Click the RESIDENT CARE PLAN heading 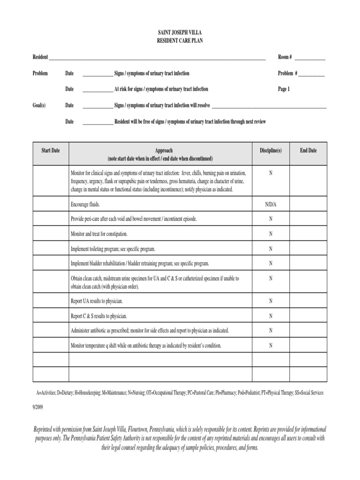[180, 41]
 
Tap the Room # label [285, 57]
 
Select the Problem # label [288, 74]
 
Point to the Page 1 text [284, 89]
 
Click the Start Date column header [51, 150]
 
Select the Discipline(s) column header [270, 150]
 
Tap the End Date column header [308, 150]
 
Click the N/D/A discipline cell [270, 204]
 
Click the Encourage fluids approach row [85, 204]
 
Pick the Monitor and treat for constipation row [99, 234]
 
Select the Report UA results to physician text [97, 301]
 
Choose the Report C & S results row [98, 316]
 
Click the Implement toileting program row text [112, 249]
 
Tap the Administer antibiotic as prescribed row [150, 331]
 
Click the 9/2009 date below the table [37, 408]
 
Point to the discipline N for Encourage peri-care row [270, 219]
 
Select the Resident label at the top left [40, 57]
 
